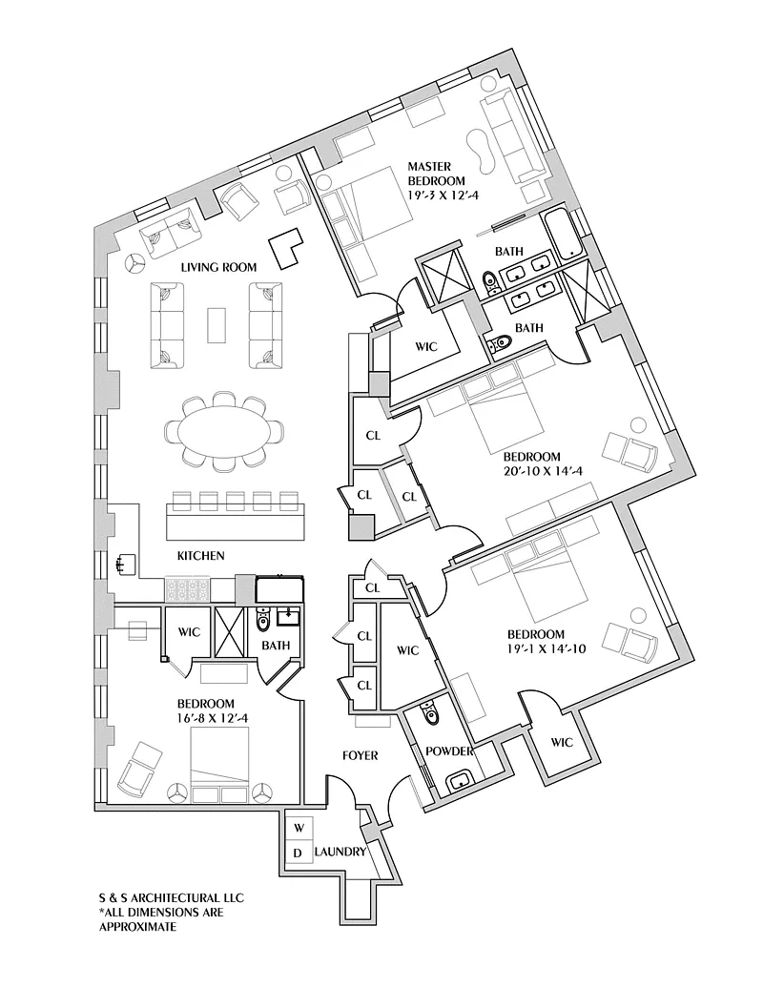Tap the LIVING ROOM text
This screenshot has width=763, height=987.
pos(219,267)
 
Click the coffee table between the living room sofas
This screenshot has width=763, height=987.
pos(217,324)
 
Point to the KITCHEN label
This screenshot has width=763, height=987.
pos(200,555)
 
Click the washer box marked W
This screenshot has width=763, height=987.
pos(298,827)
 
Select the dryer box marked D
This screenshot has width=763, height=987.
pos(298,852)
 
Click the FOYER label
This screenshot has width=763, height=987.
pos(360,755)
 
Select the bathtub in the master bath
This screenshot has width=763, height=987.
pos(563,234)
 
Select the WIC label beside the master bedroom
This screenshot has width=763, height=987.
pos(425,346)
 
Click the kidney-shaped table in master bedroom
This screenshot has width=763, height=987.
pos(480,151)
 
